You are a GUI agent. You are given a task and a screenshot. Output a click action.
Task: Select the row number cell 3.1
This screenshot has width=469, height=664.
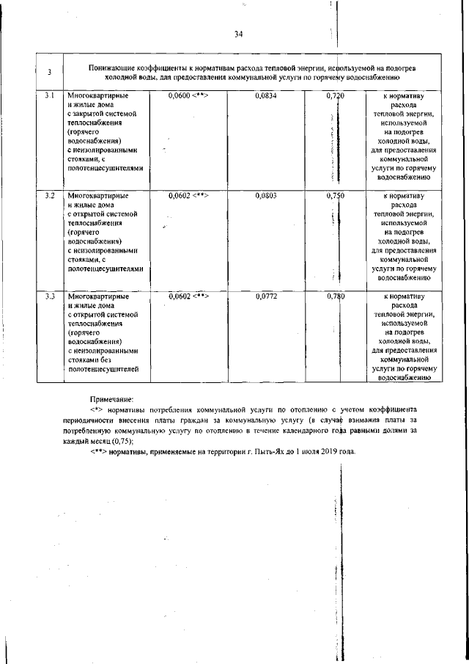(x=48, y=96)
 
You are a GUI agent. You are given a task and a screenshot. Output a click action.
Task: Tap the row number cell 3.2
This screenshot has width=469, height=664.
(x=48, y=196)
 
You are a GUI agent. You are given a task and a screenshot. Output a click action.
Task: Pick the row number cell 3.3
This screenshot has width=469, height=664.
(x=48, y=296)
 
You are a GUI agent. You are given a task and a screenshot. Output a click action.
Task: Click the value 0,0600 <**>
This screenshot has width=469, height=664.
(x=188, y=96)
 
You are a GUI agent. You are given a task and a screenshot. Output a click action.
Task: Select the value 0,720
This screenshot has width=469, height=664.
(x=335, y=96)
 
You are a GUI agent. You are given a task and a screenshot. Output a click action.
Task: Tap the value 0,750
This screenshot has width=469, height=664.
(x=335, y=196)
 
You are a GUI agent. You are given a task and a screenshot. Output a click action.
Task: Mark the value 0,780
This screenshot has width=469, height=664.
(x=335, y=296)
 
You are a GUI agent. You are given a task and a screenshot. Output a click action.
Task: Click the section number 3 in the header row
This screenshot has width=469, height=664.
(x=48, y=72)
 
